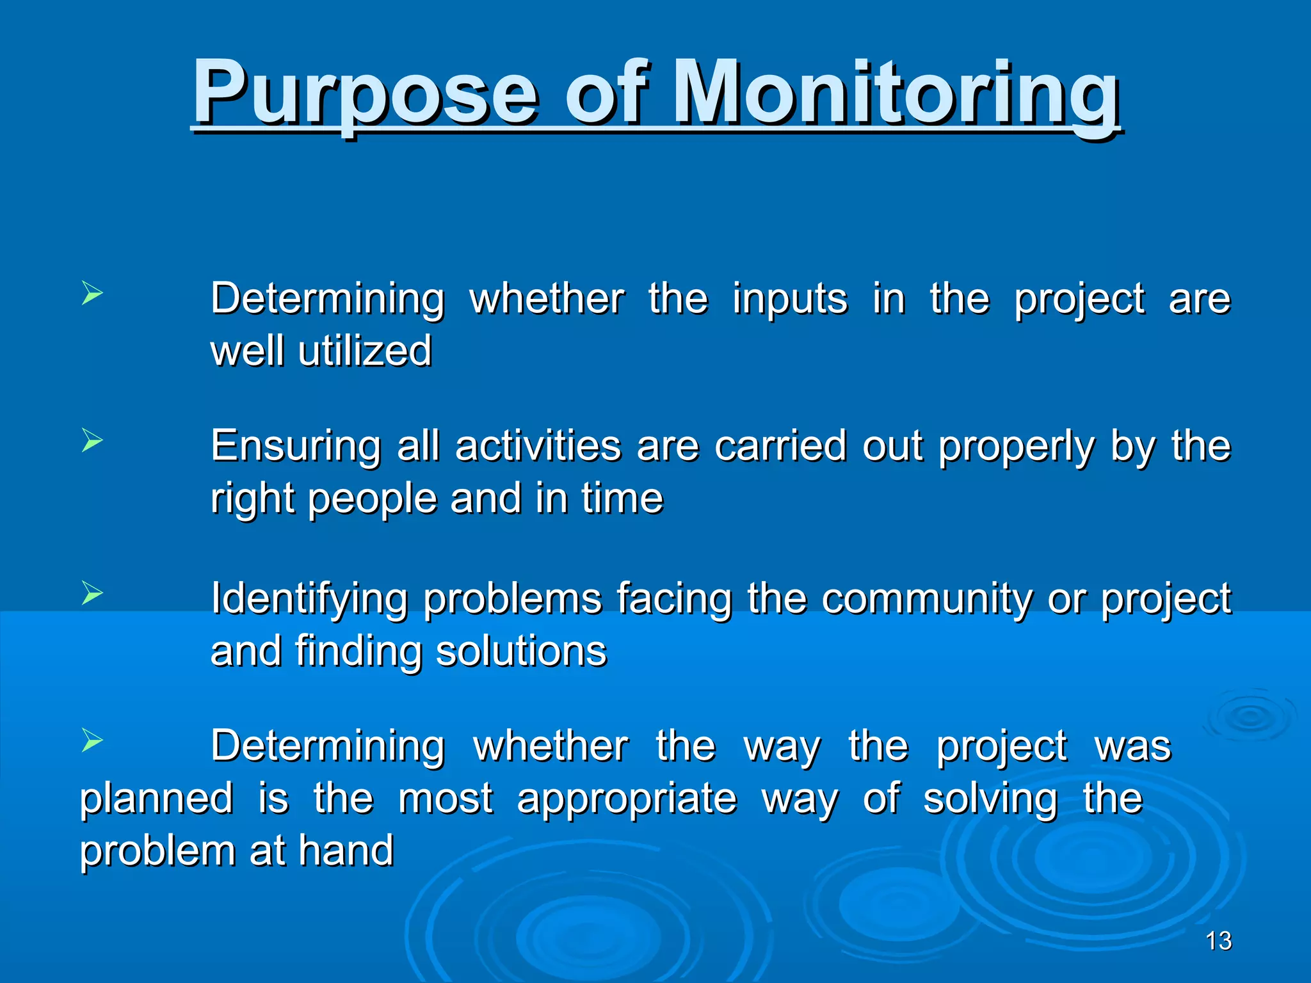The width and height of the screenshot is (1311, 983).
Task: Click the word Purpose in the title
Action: click(x=365, y=93)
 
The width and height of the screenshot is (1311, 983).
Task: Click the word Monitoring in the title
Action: click(x=896, y=93)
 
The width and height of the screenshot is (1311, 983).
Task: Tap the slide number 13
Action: click(x=1218, y=941)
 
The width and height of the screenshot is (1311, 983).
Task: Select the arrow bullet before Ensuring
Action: click(x=92, y=441)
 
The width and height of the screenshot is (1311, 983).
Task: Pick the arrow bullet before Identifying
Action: click(x=92, y=593)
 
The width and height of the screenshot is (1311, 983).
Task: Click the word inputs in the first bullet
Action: click(x=790, y=300)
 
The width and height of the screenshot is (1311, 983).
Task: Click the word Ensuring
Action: click(x=296, y=447)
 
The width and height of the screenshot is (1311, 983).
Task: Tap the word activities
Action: click(x=538, y=445)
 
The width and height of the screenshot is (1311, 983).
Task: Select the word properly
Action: click(x=1017, y=447)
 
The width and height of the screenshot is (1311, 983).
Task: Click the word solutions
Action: click(x=521, y=651)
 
